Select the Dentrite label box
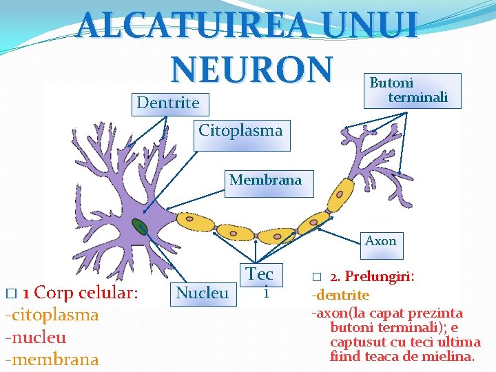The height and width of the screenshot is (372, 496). point(168,103)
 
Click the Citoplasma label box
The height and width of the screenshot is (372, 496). point(240,130)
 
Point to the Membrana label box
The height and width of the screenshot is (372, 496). point(265,180)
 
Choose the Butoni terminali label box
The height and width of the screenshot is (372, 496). point(411,90)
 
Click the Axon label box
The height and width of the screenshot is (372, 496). point(380,241)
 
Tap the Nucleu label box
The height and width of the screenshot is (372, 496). point(202,293)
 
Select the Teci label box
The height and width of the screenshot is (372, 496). point(260,281)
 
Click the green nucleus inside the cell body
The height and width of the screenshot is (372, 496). point(141,227)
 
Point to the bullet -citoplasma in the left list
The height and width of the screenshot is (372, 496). point(52,315)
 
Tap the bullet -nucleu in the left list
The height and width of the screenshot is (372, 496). point(36,338)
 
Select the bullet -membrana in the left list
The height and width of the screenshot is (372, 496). point(52,360)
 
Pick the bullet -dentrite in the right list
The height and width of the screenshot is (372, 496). point(341,296)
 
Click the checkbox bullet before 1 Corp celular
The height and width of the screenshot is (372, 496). point(9,293)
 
